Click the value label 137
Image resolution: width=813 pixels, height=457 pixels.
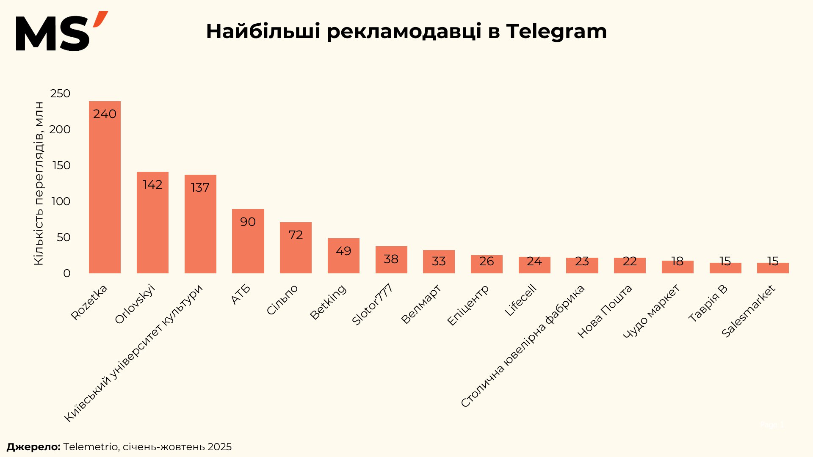pos(200,187)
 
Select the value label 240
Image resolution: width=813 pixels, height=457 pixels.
pos(105,114)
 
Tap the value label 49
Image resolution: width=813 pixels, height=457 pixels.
pos(343,251)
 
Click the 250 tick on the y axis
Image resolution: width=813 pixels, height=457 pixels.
pos(60,94)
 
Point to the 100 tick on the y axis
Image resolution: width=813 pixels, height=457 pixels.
pos(61,201)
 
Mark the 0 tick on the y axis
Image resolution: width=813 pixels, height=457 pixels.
pos(66,273)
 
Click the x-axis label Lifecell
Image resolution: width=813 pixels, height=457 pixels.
pos(521,300)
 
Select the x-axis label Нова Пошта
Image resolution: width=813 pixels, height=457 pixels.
pos(605,311)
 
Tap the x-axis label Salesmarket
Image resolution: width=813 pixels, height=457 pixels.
pos(749,311)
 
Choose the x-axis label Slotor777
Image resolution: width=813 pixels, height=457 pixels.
pos(373,305)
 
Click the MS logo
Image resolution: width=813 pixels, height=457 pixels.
pos(61,32)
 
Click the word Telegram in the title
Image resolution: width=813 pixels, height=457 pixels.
pos(556,31)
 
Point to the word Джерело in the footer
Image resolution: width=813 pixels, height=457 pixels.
pos(33,447)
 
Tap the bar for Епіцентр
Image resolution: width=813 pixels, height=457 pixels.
pos(487,264)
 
